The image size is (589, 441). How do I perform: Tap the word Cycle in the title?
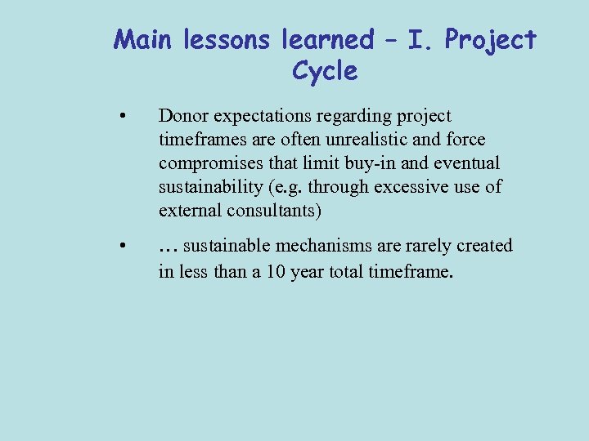click(325, 72)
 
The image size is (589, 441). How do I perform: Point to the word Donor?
click(182, 117)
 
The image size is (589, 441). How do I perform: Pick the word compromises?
click(207, 163)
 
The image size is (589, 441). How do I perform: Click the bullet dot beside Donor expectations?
click(121, 117)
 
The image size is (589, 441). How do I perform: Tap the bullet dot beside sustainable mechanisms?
click(121, 246)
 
